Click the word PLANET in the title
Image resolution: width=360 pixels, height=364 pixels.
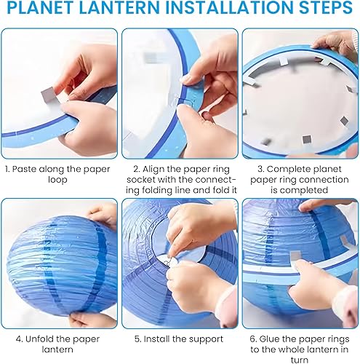tap(41, 7)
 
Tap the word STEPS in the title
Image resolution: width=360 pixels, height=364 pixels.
tap(326, 7)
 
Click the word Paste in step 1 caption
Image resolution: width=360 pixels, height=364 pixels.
tap(24, 169)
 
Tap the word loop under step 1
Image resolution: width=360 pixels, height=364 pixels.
tap(57, 180)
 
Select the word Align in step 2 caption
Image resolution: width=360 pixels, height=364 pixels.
tap(153, 169)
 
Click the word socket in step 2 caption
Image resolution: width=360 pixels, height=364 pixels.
tap(141, 180)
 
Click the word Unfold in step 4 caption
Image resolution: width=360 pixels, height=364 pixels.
tap(39, 339)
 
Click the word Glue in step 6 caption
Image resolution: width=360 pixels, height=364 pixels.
tap(270, 339)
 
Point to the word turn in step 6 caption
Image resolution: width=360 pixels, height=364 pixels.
tap(300, 360)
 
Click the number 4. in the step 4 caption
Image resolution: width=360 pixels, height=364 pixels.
tap(19, 339)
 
